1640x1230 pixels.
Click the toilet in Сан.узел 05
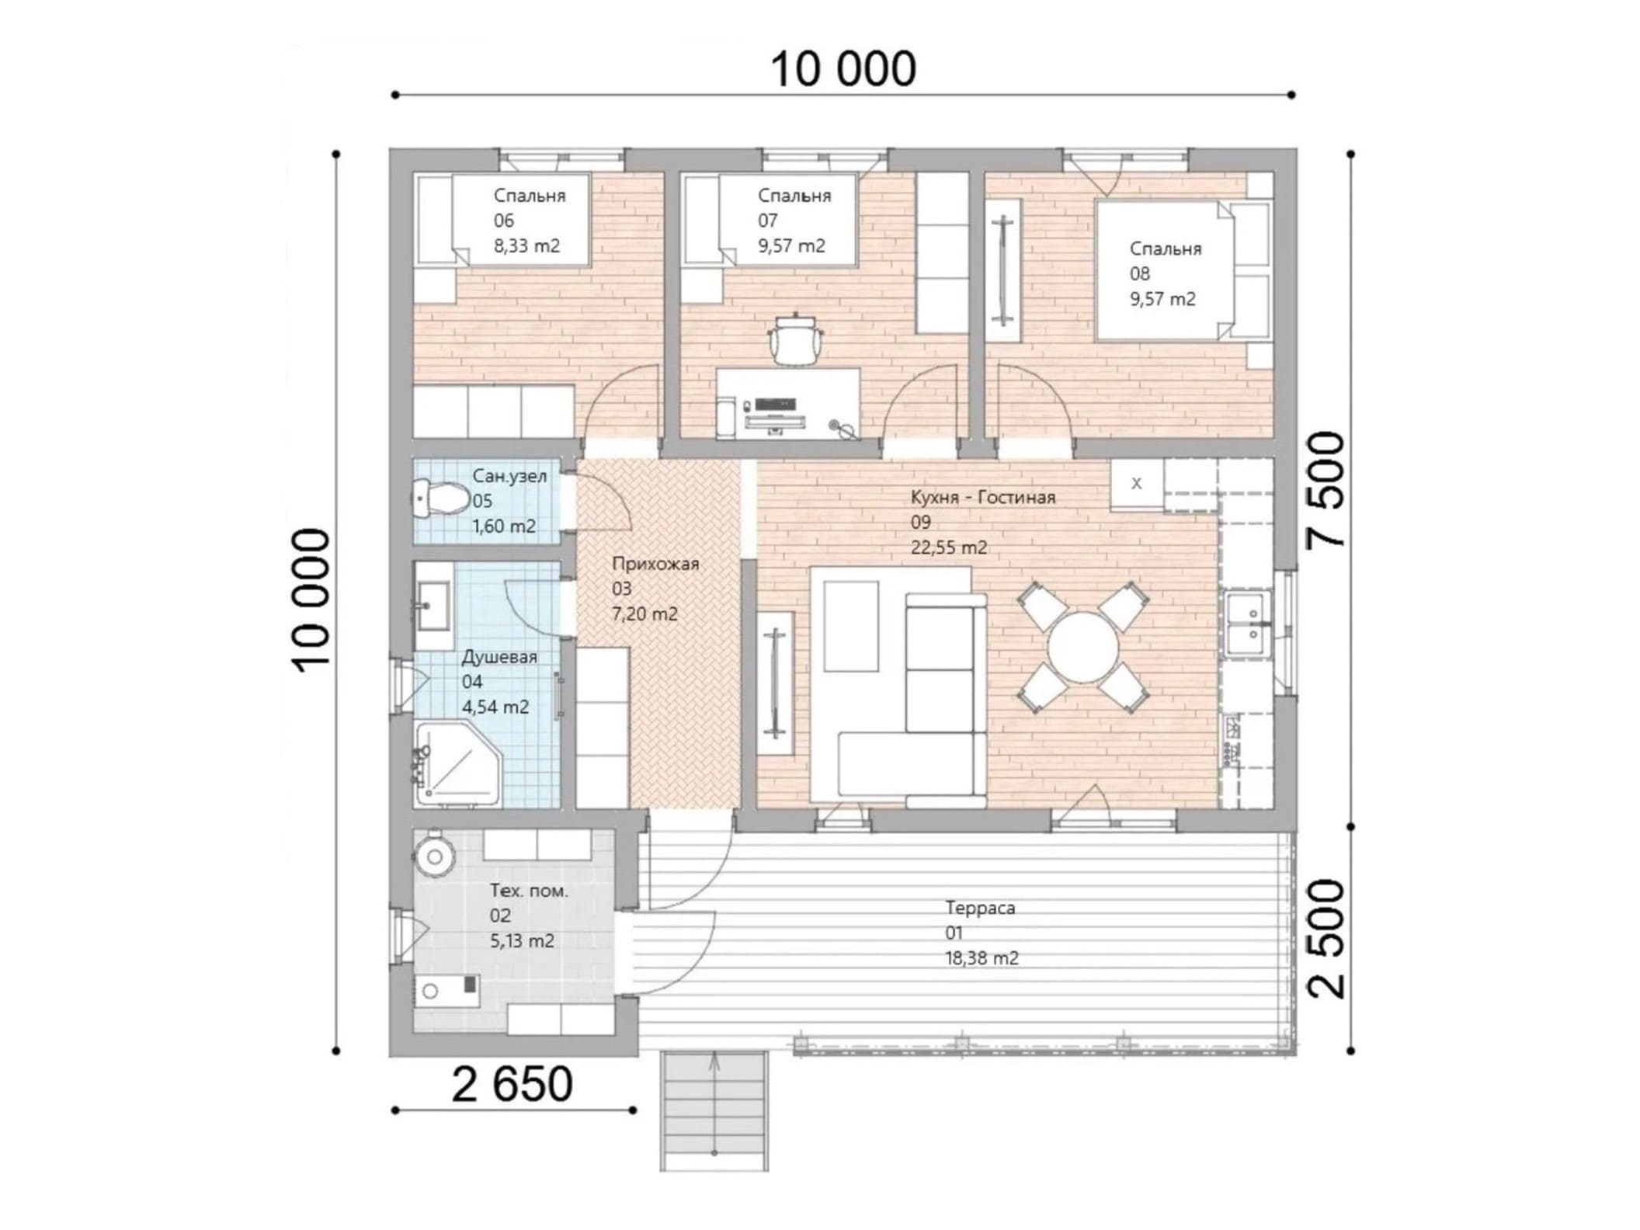(x=439, y=499)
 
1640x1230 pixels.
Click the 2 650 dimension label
(x=512, y=1085)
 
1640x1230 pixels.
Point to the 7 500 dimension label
(x=1325, y=490)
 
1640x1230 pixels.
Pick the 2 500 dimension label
(x=1325, y=937)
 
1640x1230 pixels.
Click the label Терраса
(x=980, y=907)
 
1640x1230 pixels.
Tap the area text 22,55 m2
(x=949, y=547)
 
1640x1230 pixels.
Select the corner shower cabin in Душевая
(x=458, y=764)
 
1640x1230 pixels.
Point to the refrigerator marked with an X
(x=1136, y=484)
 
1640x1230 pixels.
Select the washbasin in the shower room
(x=433, y=606)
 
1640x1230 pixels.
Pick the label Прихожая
(x=655, y=564)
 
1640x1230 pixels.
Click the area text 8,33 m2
(x=526, y=246)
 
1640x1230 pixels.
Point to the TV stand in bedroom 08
(x=1004, y=270)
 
